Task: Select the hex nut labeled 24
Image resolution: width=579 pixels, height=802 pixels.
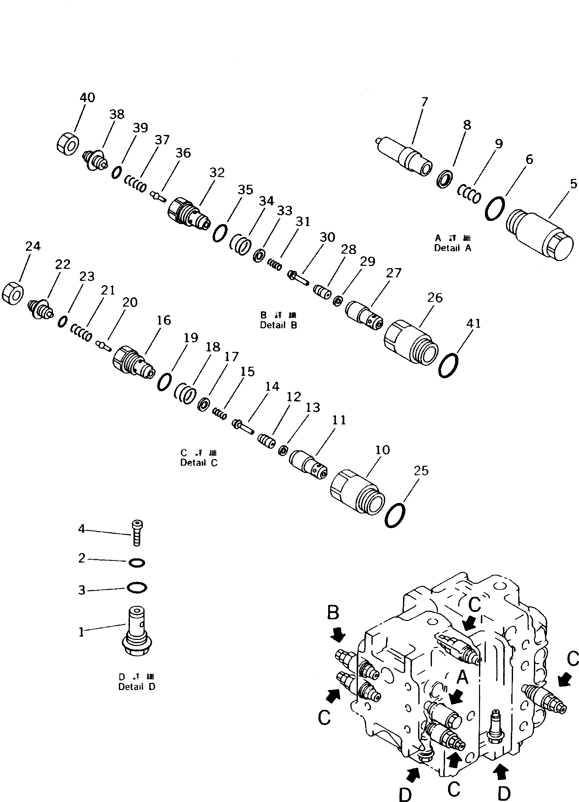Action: pos(13,294)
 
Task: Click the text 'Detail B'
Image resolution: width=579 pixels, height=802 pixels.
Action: pos(278,325)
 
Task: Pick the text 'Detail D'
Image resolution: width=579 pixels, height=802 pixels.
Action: pos(137,687)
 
